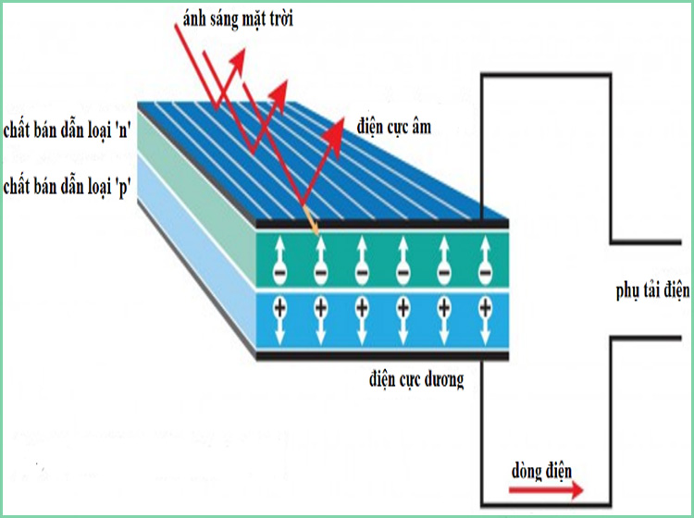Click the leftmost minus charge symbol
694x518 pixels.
[279, 275]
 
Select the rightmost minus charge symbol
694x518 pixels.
[484, 275]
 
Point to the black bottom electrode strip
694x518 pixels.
[379, 355]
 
